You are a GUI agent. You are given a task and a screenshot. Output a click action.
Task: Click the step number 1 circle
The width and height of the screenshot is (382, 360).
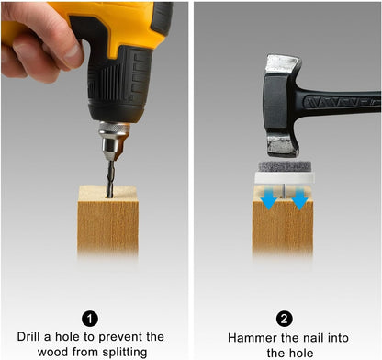coord(90,320)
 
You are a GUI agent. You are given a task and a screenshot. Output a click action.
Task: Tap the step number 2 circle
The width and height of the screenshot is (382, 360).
coord(284,320)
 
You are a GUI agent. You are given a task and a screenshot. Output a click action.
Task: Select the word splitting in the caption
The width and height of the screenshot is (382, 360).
coord(125,353)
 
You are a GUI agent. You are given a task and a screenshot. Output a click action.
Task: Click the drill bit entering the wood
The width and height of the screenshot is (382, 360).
coord(111,178)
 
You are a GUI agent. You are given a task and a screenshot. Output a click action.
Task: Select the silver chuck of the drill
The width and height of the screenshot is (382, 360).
coord(113,141)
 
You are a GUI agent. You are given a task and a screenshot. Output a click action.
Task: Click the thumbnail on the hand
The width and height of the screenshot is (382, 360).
coord(73,51)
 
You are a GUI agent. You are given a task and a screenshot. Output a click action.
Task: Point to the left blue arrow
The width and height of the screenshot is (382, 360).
coord(269,198)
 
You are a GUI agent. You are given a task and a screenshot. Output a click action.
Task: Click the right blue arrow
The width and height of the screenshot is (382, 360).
coord(299,198)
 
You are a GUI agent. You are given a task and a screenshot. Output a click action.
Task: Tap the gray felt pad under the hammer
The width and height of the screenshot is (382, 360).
coord(285,166)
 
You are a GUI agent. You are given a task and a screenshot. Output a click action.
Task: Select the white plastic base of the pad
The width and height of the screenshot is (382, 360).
coord(285,178)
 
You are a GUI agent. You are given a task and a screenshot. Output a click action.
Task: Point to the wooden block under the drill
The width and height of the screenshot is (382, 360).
coord(108,221)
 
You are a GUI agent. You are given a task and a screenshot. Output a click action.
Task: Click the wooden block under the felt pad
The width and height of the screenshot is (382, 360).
coord(283,223)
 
